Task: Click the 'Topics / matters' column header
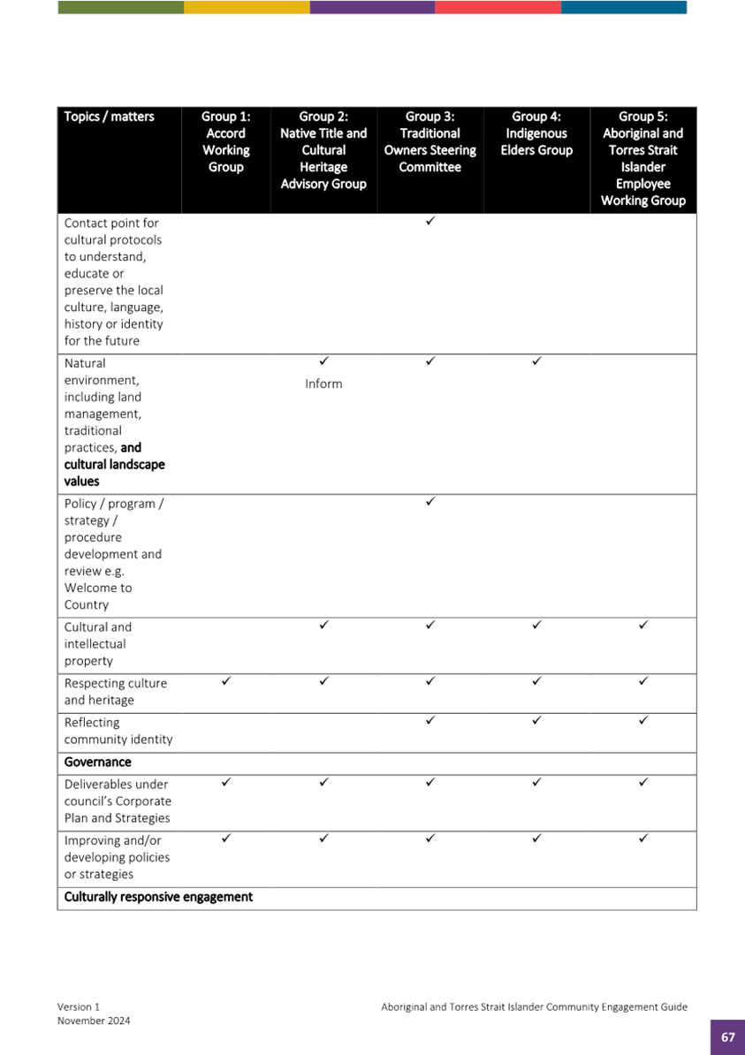(x=109, y=117)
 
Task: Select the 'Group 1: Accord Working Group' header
(x=225, y=141)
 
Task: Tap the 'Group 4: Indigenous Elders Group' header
(x=536, y=133)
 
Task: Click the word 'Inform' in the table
(x=323, y=384)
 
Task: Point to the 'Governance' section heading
(x=97, y=762)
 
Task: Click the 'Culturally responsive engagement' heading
(x=158, y=897)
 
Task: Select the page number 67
(x=727, y=1037)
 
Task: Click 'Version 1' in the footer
(x=79, y=1006)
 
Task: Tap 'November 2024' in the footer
(x=94, y=1021)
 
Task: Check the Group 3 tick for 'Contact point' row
(x=430, y=221)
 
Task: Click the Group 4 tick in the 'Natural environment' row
(x=536, y=361)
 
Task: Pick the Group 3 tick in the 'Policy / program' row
(x=430, y=501)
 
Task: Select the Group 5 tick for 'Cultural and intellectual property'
(x=642, y=625)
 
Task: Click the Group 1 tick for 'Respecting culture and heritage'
(x=225, y=681)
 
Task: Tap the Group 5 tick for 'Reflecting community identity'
(x=642, y=720)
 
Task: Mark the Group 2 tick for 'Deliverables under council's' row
(x=323, y=782)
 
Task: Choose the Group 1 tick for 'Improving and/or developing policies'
(x=225, y=839)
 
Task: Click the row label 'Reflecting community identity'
(x=118, y=731)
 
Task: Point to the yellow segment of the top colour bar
(x=247, y=7)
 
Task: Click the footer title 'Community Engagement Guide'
(x=601, y=1006)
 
